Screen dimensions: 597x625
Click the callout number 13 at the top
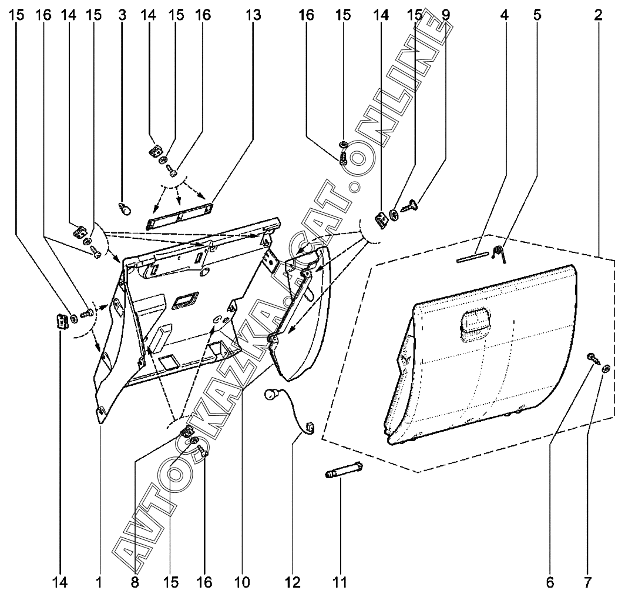253,14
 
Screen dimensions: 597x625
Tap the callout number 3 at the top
122,14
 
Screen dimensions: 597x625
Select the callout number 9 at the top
446,14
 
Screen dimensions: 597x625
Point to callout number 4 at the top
503,14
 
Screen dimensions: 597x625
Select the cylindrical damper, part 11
343,471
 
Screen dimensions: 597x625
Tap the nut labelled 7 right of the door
606,369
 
